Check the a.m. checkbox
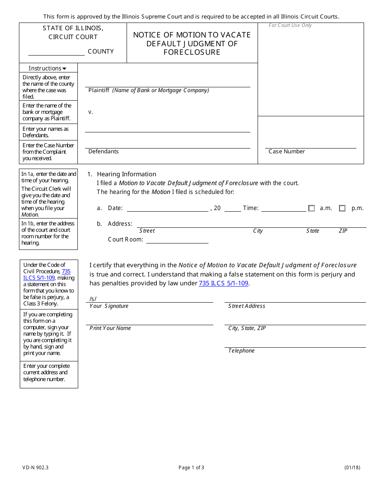(x=311, y=208)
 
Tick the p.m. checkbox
(x=342, y=208)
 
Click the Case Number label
(x=287, y=151)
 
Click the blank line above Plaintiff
(x=167, y=84)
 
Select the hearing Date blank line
(x=167, y=208)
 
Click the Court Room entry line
(x=177, y=240)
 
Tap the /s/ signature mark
(x=93, y=299)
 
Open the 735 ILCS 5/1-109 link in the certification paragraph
(x=223, y=283)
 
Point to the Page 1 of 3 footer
(x=191, y=468)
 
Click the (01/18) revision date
(x=352, y=468)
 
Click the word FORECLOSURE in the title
(x=192, y=52)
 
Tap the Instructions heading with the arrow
(x=48, y=68)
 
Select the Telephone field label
(x=241, y=351)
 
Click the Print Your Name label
(x=110, y=328)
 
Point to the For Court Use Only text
(x=290, y=25)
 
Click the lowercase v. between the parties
(x=91, y=112)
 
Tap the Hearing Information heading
(x=126, y=174)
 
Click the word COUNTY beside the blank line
(x=101, y=52)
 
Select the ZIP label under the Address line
(x=343, y=231)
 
